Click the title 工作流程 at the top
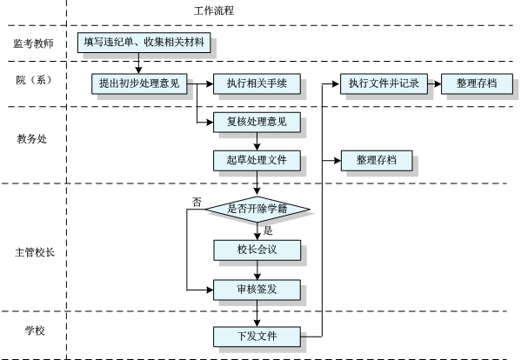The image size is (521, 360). tap(213, 11)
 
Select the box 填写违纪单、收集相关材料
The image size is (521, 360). tap(138, 43)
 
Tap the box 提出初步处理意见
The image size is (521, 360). tap(139, 83)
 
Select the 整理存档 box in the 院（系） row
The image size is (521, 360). tap(476, 83)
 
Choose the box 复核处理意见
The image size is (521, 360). tap(257, 123)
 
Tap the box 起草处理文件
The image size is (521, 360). tap(257, 161)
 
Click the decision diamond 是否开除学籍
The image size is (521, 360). tap(257, 209)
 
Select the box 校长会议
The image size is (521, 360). tap(257, 250)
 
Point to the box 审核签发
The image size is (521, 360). tap(257, 289)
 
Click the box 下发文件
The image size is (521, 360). tap(257, 335)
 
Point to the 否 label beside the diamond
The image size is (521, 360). tap(197, 202)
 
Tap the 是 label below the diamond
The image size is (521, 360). tap(268, 230)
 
